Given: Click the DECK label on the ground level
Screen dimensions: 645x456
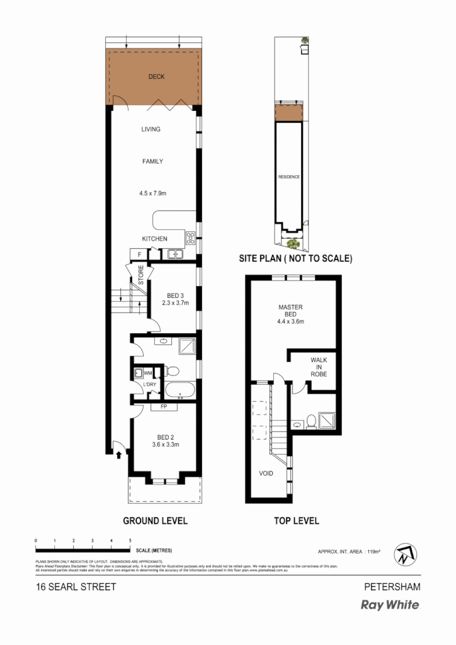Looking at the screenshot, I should [x=156, y=77].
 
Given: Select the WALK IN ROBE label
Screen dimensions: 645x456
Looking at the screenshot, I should [x=318, y=367].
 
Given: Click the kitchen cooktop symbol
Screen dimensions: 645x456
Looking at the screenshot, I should [x=190, y=237].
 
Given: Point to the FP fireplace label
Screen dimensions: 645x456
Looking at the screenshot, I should [x=164, y=407].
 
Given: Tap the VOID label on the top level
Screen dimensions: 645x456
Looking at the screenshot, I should [x=266, y=473].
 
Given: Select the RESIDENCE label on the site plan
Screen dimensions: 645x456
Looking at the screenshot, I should [x=289, y=177].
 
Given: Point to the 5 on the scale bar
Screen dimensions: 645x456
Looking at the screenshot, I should [x=130, y=541].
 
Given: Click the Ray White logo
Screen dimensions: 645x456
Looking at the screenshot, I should [x=389, y=605].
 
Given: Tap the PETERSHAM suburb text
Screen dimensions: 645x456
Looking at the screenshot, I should [x=392, y=586].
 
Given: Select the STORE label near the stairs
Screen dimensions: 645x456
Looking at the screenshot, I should [x=141, y=276].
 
